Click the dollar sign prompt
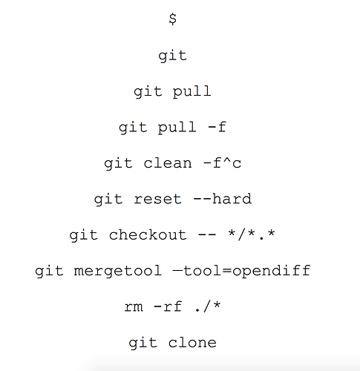(173, 19)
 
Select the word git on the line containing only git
(172, 56)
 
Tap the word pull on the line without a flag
(192, 92)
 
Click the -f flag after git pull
(217, 127)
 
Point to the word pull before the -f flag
(177, 128)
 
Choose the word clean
(168, 163)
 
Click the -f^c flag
(222, 163)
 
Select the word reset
(157, 199)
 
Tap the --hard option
(222, 199)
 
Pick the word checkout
(148, 234)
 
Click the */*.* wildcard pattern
(252, 234)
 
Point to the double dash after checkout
(207, 234)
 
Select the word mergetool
(118, 271)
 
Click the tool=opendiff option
(246, 270)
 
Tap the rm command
(134, 307)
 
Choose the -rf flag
(168, 306)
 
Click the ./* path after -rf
(207, 306)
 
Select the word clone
(192, 342)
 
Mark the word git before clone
(143, 343)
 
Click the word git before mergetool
(49, 271)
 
